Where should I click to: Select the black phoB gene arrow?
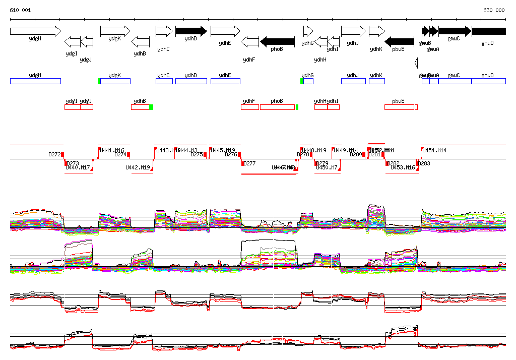(277, 41)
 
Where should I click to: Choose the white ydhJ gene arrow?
(353, 31)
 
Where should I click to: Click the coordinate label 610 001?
(20, 10)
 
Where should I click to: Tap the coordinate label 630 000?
(494, 10)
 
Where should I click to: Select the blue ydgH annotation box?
(35, 81)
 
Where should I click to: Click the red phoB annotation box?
(277, 107)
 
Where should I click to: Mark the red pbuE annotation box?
(399, 107)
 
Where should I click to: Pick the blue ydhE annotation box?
(225, 81)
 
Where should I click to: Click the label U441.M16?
(112, 150)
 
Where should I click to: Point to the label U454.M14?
(435, 150)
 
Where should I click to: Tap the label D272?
(54, 154)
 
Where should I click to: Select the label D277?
(249, 163)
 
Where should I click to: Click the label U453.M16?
(403, 167)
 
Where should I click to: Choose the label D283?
(424, 163)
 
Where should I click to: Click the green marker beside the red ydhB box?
(151, 107)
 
